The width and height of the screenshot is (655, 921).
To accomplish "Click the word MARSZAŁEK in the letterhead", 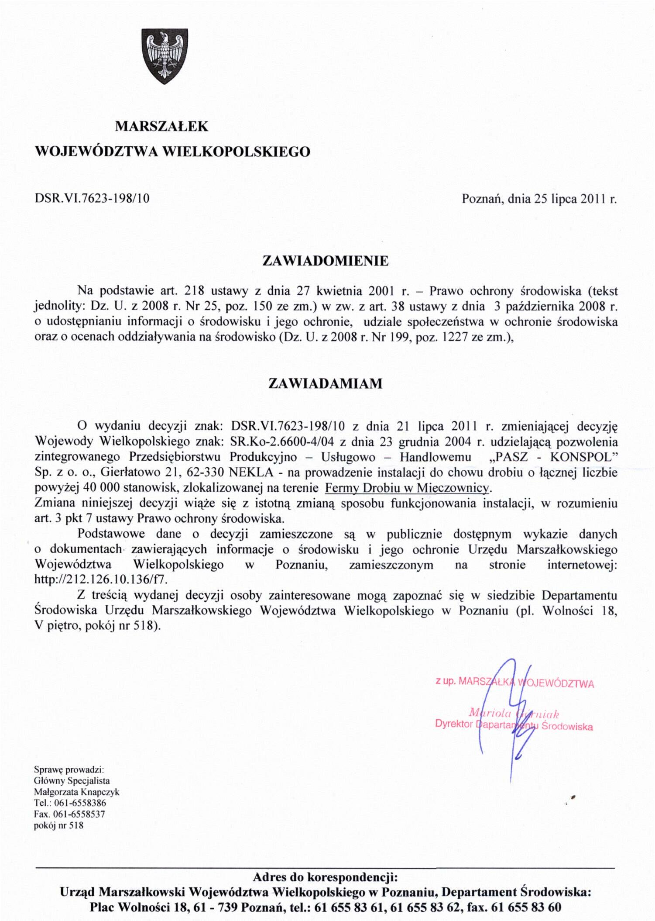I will [x=161, y=127].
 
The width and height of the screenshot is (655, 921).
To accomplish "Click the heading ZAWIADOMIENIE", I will [x=325, y=261].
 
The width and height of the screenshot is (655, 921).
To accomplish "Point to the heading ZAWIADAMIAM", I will [x=325, y=383].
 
